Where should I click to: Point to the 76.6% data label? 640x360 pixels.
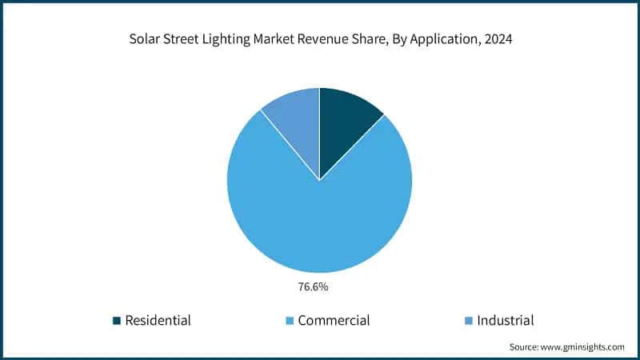pyautogui.click(x=320, y=283)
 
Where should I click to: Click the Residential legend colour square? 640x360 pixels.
pyautogui.click(x=118, y=321)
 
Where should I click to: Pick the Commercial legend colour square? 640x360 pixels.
pyautogui.click(x=290, y=321)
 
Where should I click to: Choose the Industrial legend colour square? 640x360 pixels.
pyautogui.click(x=469, y=321)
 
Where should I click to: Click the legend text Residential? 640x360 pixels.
pyautogui.click(x=158, y=321)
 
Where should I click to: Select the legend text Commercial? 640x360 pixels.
pyautogui.click(x=334, y=321)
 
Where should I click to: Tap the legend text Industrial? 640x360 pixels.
pyautogui.click(x=506, y=321)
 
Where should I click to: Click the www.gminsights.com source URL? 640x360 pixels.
pyautogui.click(x=582, y=347)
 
